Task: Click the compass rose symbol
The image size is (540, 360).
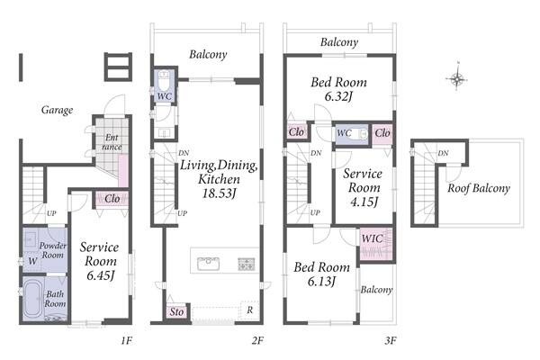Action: [x=457, y=78]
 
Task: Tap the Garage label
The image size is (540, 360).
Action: [x=58, y=110]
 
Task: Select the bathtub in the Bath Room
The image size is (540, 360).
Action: [x=33, y=298]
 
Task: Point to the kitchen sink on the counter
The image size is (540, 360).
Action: [x=209, y=264]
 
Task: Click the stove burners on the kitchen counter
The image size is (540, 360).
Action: [x=247, y=264]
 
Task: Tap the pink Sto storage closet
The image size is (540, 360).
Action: [x=176, y=312]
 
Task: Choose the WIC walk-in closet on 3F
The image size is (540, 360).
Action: [x=375, y=244]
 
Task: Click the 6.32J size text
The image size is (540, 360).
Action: [x=338, y=96]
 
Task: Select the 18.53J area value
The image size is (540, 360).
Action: [x=219, y=193]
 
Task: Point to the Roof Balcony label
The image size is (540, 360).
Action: [x=479, y=188]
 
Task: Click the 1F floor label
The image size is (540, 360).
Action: [x=126, y=341]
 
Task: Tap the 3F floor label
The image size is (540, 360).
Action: [x=391, y=341]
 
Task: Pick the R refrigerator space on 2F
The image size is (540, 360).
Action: [x=249, y=310]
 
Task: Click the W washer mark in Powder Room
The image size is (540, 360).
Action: [x=32, y=261]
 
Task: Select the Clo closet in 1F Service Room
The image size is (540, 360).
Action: [x=112, y=199]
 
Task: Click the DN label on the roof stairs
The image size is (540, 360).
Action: [x=443, y=153]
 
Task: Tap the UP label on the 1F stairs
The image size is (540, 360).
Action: [x=51, y=213]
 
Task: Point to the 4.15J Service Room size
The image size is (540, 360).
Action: [x=364, y=202]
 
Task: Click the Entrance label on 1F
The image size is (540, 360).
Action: [x=112, y=142]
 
